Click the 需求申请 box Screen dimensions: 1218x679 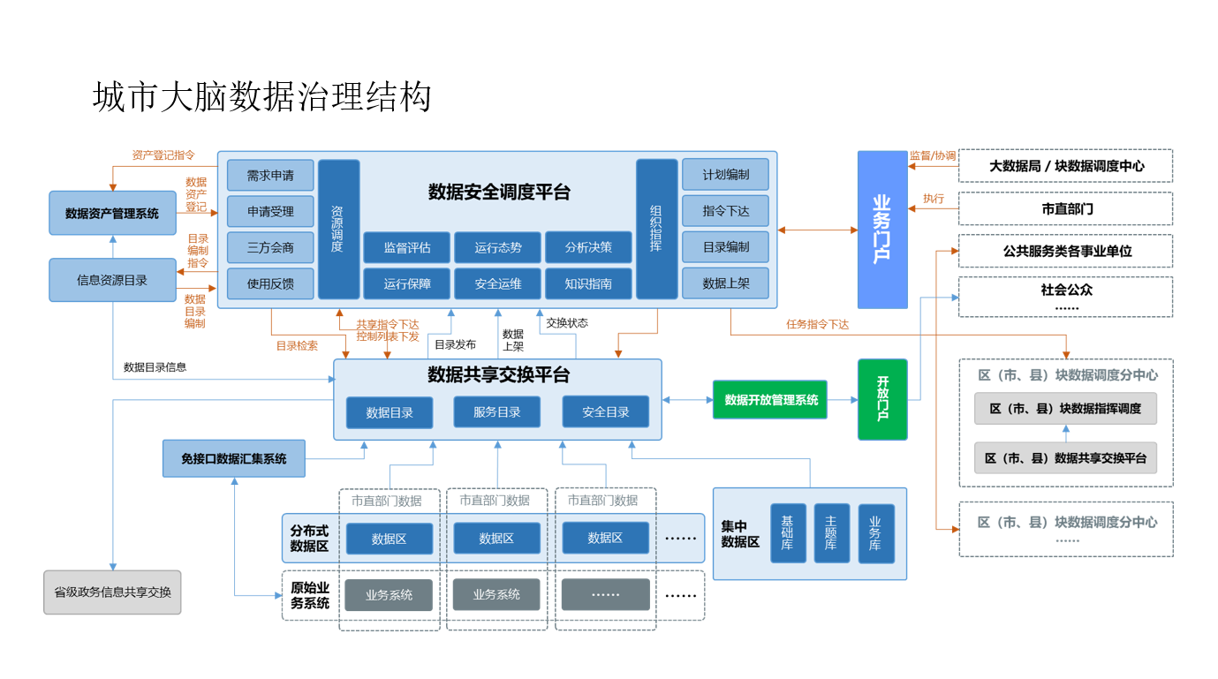270,175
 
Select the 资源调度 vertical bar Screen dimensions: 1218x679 338,229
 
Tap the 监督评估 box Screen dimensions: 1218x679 406,247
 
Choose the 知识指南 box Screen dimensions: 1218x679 588,283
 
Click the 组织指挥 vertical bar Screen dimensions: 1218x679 656,229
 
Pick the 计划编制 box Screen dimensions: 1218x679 725,175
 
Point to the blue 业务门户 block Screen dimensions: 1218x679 882,230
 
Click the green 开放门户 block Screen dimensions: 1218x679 882,399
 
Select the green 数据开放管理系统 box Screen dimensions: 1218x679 770,400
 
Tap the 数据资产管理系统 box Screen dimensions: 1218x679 112,213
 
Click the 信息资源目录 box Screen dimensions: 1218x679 112,280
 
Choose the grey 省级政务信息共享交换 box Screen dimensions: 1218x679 112,592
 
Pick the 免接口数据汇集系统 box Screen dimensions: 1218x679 234,458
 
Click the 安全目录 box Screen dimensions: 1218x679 605,412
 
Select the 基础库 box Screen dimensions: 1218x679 788,533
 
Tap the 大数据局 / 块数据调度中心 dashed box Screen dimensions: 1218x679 1066,166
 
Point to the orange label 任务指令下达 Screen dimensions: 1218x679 817,325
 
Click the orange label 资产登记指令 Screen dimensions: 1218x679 163,155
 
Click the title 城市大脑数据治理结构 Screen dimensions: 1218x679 262,97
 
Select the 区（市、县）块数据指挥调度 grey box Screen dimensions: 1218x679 1065,408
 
